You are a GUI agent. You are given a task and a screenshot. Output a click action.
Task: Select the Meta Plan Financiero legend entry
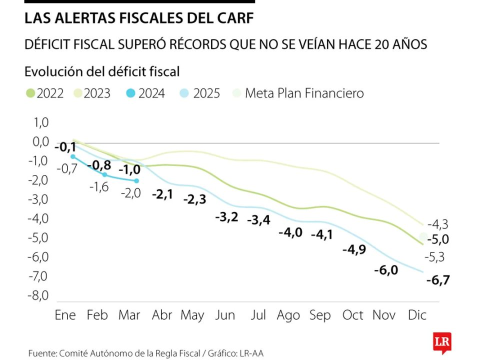(298, 93)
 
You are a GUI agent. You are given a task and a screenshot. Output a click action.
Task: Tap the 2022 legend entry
(44, 93)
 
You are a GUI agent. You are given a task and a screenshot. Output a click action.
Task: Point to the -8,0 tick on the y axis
(38, 295)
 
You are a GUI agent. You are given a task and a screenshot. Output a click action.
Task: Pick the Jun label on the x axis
(225, 315)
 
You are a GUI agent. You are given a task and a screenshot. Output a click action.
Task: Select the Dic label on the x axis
(417, 315)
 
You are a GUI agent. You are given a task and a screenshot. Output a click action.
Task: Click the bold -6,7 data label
(437, 280)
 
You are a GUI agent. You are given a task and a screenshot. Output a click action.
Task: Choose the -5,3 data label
(434, 257)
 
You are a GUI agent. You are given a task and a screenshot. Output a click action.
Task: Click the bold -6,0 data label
(386, 270)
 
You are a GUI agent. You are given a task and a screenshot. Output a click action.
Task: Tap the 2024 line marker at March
(136, 180)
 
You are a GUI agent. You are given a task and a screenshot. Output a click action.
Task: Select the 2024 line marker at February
(104, 174)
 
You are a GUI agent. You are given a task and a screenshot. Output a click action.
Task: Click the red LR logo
(442, 342)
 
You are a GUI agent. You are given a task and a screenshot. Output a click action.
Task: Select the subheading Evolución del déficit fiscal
(101, 71)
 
